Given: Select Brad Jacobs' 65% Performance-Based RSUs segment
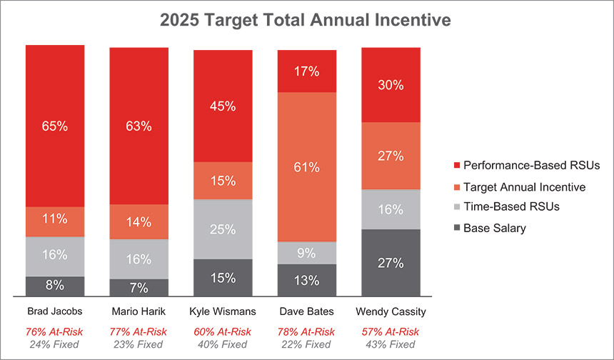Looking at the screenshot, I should [55, 126].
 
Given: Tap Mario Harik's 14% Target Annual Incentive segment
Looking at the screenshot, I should [139, 221].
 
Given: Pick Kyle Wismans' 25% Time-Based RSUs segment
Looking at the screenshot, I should [223, 229].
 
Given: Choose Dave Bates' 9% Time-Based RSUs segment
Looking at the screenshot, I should [307, 253].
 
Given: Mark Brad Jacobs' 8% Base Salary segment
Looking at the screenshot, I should [55, 286].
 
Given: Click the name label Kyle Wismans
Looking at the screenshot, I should [223, 311].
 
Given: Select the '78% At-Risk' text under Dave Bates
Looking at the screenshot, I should [307, 331].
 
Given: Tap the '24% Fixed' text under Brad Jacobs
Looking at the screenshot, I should [55, 344].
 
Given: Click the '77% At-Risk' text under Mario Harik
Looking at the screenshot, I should [139, 331].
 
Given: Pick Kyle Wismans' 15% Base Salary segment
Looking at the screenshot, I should [223, 277].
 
